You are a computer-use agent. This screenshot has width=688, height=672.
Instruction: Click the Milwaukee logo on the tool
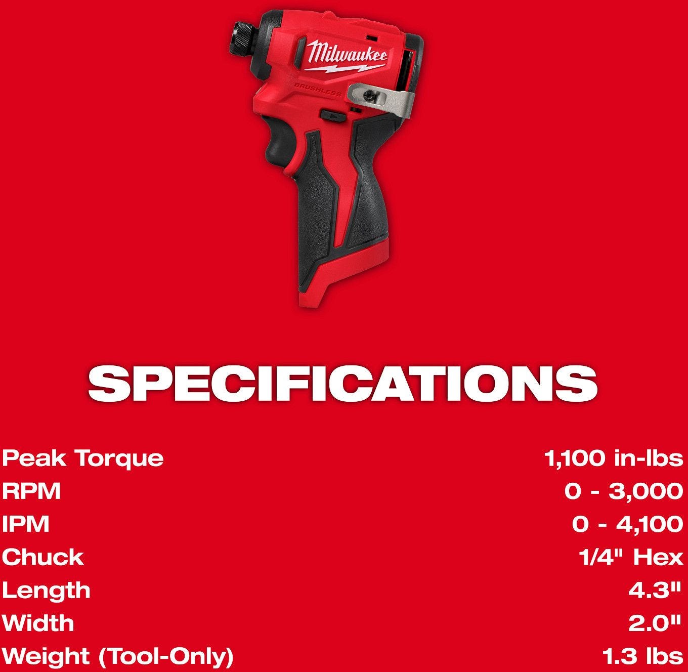tap(346, 56)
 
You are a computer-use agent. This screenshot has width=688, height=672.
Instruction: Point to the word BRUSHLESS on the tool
tap(318, 89)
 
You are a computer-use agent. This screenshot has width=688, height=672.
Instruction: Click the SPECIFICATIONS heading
tap(342, 384)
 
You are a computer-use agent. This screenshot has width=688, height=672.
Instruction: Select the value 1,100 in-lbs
tap(614, 458)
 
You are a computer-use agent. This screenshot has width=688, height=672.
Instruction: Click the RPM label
tap(31, 491)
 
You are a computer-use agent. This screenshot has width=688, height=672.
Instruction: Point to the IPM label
tap(25, 524)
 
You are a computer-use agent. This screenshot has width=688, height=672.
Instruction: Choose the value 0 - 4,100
tap(627, 525)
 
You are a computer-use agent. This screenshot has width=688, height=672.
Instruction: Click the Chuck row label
tap(42, 558)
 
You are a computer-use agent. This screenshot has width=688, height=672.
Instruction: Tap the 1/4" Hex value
tap(631, 557)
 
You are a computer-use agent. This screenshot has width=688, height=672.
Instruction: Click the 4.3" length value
tap(655, 591)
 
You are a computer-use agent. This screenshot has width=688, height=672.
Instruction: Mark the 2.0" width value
tap(655, 623)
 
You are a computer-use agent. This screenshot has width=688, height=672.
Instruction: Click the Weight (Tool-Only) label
tap(117, 657)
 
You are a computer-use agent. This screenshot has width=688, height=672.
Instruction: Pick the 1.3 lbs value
tap(643, 656)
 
